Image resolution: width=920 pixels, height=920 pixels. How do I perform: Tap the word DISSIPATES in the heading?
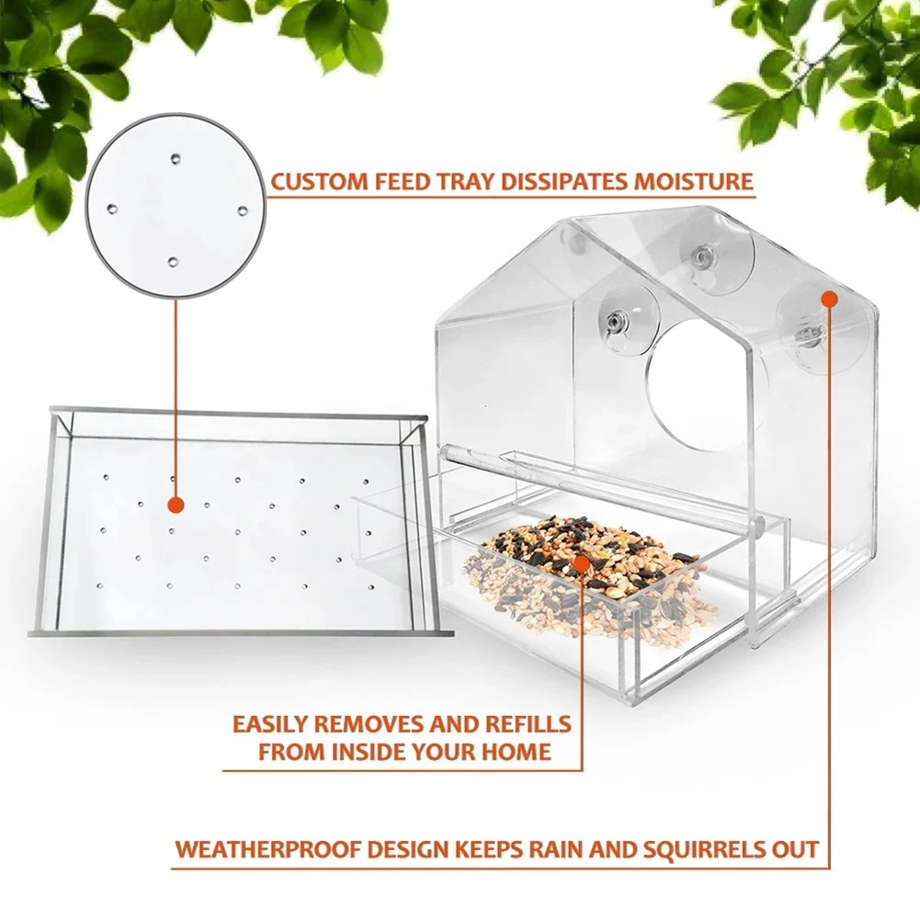pos(557,180)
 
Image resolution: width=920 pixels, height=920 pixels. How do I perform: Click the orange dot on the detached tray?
pos(175,505)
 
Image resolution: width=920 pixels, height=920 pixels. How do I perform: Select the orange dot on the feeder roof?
pos(829,298)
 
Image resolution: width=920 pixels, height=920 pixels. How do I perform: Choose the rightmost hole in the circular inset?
pos(242,210)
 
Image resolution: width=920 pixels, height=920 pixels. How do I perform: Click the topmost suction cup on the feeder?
pos(704,256)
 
